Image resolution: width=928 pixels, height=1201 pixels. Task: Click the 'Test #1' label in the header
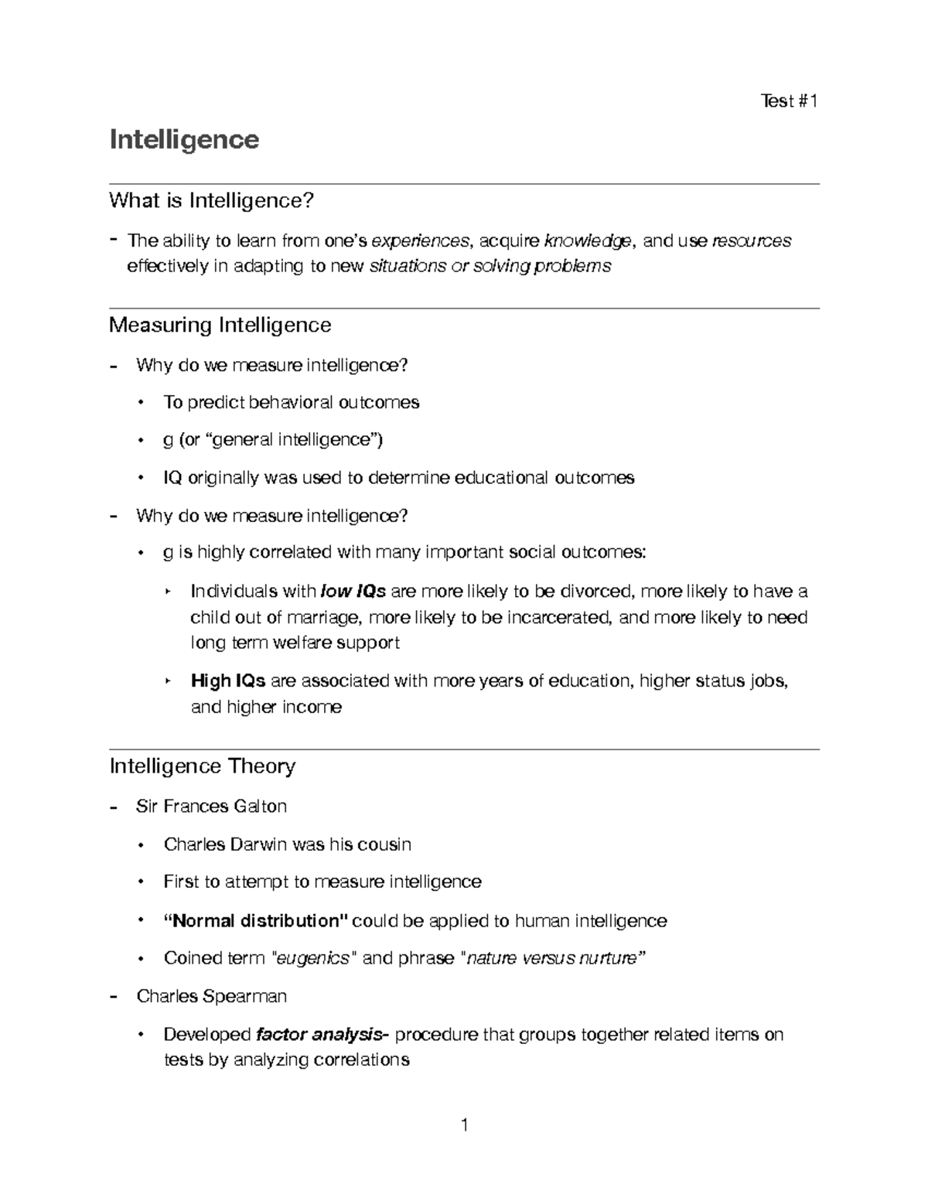click(789, 101)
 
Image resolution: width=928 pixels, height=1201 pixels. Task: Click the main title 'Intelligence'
click(184, 140)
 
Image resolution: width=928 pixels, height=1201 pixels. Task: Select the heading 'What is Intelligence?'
click(212, 201)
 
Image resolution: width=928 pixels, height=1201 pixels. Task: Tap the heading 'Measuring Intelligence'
click(220, 325)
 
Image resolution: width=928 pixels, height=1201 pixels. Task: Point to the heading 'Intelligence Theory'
click(203, 766)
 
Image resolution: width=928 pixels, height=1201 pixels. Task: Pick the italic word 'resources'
click(752, 241)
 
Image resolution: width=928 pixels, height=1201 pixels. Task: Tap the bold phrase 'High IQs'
click(228, 681)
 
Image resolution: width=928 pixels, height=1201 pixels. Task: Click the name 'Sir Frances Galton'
click(211, 807)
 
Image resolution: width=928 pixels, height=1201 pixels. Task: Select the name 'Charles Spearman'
click(211, 996)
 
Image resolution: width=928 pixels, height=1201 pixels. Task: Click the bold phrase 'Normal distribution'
click(256, 921)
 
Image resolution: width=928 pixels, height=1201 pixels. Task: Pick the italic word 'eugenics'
click(313, 959)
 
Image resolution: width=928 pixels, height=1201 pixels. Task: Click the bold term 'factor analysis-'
click(323, 1035)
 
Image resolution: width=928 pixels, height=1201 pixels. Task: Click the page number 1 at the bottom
click(464, 1125)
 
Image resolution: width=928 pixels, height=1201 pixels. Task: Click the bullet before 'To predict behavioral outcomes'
click(141, 403)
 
